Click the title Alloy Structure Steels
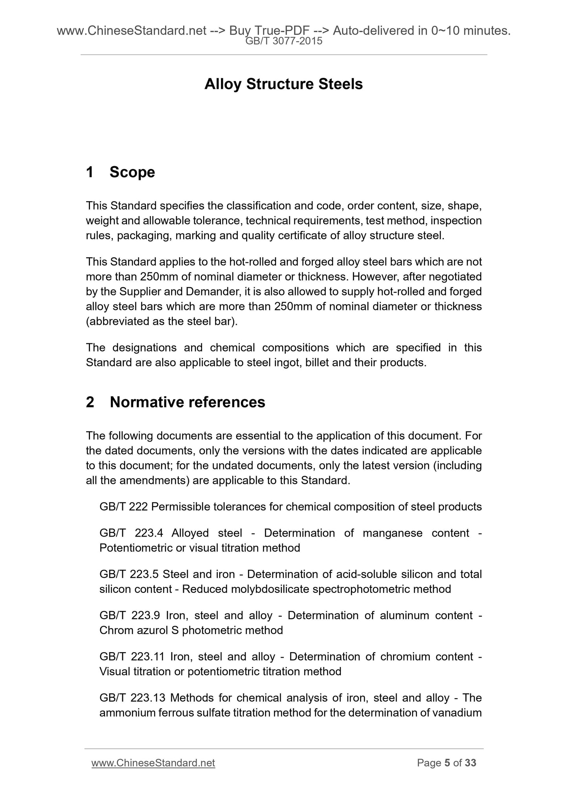[x=283, y=84]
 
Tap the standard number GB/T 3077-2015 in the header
[x=283, y=41]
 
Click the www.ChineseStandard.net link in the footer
[x=153, y=763]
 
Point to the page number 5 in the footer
[x=447, y=763]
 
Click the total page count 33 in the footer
[x=470, y=763]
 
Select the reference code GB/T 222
[x=123, y=507]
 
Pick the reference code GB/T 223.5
[x=129, y=574]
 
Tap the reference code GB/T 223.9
[x=129, y=615]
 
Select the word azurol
[x=152, y=630]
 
